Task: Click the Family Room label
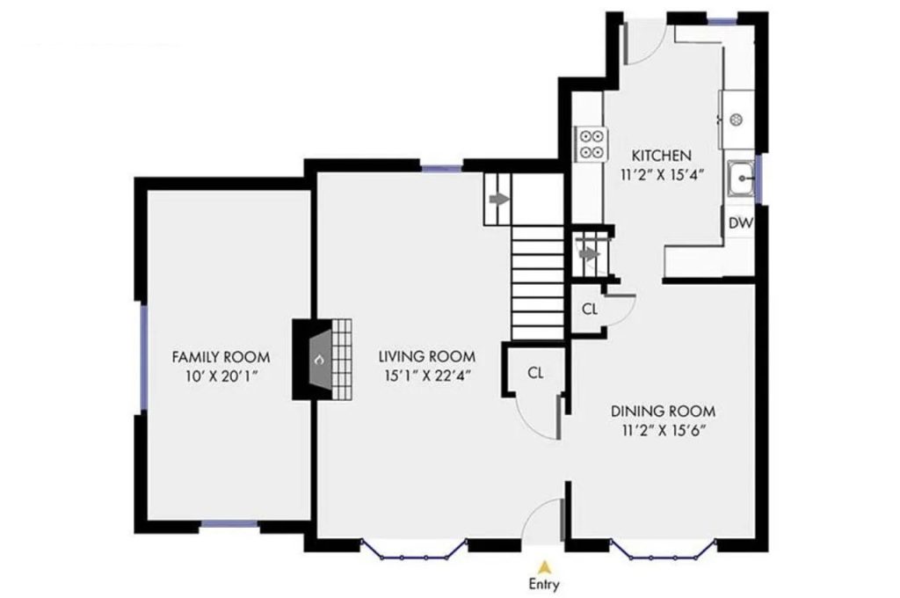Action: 221,357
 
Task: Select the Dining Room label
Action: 663,411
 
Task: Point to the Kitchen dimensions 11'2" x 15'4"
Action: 655,175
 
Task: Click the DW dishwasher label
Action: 740,223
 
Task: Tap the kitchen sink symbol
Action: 742,179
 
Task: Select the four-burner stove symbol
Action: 592,143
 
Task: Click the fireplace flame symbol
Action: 319,360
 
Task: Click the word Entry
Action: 544,584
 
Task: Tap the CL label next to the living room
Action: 536,372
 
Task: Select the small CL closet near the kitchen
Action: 590,309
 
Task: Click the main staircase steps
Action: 538,281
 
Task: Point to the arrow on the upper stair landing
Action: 498,200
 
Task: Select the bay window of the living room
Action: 413,552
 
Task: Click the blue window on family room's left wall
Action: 141,357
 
